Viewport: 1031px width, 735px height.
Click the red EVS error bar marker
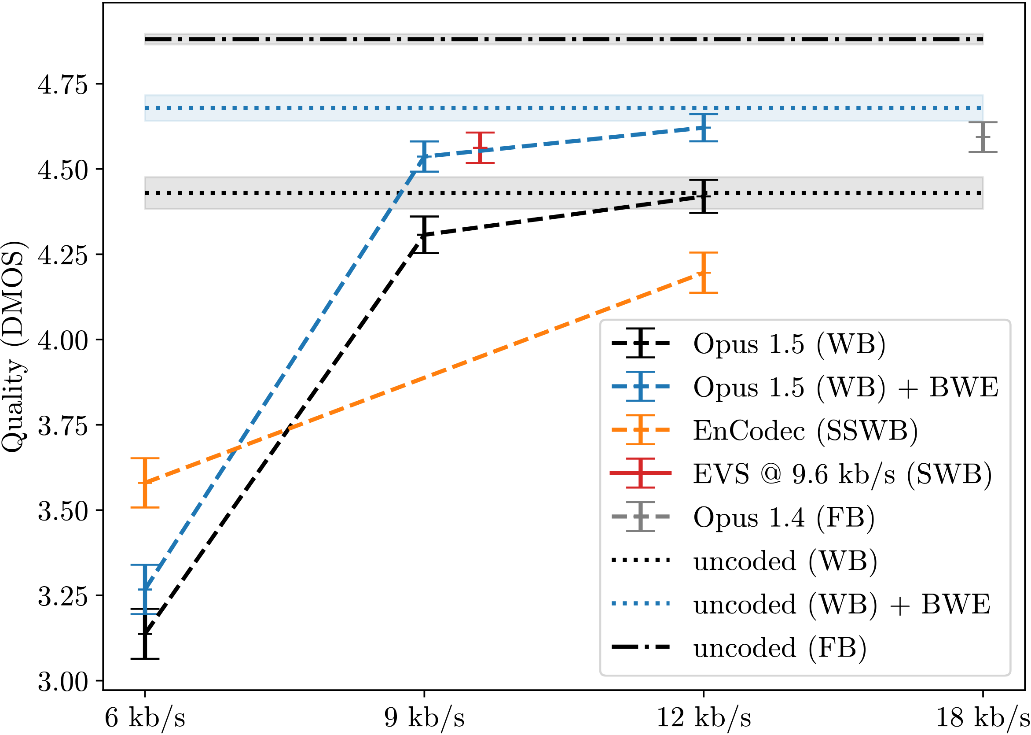(480, 148)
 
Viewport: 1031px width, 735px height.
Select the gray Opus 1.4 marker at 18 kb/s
(983, 137)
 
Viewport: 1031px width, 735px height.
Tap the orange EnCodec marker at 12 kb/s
(703, 273)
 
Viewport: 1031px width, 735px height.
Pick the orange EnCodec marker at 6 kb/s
(145, 483)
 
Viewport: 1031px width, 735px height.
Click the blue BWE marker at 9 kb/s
(424, 157)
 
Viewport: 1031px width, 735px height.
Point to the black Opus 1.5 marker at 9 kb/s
(424, 235)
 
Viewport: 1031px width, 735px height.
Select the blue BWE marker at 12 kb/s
(703, 128)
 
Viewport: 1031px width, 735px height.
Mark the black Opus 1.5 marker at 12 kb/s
(703, 196)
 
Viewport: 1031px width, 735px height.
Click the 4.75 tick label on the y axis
(62, 85)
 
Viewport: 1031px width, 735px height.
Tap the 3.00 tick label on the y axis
(62, 682)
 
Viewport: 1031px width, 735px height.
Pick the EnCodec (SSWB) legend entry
(805, 430)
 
